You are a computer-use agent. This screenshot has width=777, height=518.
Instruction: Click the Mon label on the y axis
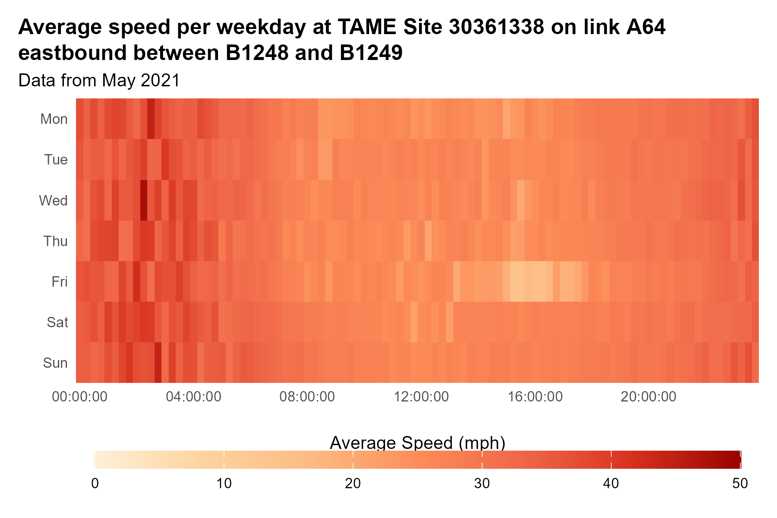[54, 119]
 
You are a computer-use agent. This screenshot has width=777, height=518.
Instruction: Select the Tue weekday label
[56, 160]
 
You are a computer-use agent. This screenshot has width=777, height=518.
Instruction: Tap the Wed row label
[54, 201]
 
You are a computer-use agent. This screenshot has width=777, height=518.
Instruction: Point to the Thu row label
[56, 241]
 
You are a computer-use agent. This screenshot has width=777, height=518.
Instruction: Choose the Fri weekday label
[60, 282]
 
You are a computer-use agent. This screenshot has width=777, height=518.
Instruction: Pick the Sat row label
[58, 322]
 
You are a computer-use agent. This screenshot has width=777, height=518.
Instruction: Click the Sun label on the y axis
[56, 363]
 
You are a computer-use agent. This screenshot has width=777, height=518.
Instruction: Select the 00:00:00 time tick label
[80, 396]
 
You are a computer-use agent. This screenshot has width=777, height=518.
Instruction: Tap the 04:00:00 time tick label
[194, 396]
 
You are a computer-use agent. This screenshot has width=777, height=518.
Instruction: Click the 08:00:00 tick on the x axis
[307, 396]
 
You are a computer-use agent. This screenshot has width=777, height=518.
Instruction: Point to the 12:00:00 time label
[421, 396]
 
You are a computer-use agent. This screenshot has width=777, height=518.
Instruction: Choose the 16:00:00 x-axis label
[535, 396]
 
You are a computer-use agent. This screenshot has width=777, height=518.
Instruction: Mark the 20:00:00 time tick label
[649, 396]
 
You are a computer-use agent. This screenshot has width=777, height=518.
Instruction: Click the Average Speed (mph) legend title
[417, 443]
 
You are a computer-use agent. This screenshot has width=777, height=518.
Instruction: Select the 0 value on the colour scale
[95, 483]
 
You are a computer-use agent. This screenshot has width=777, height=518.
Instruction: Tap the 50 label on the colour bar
[740, 483]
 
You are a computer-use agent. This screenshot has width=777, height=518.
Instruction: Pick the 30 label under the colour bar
[482, 483]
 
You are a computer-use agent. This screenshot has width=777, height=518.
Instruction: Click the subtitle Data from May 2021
[99, 81]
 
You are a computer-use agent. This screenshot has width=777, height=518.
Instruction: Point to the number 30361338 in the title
[496, 28]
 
